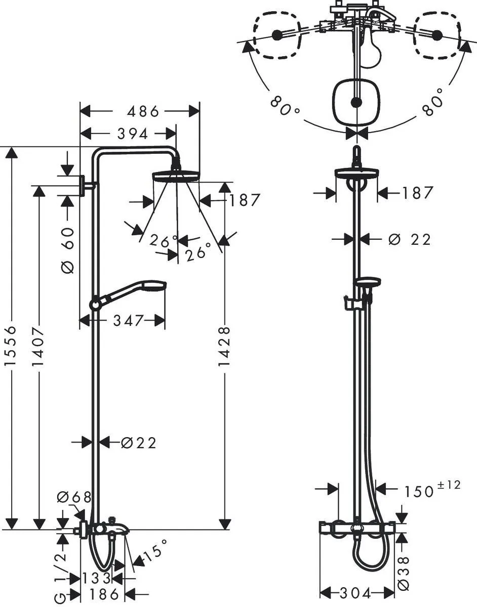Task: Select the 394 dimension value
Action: pyautogui.click(x=132, y=134)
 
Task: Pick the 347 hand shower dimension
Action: pyautogui.click(x=129, y=320)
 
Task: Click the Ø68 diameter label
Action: pyautogui.click(x=74, y=497)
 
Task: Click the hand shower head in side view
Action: pyautogui.click(x=154, y=287)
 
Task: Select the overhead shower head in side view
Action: pyautogui.click(x=176, y=176)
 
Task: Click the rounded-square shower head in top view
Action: pyautogui.click(x=357, y=102)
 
